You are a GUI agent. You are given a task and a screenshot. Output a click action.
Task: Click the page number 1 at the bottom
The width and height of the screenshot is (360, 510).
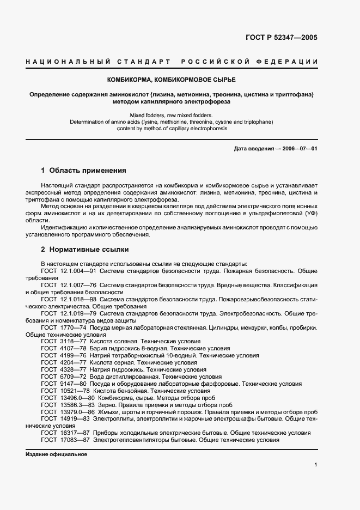[x=316, y=464]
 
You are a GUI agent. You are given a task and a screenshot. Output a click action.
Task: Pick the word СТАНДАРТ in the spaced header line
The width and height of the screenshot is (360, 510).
[x=142, y=62]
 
